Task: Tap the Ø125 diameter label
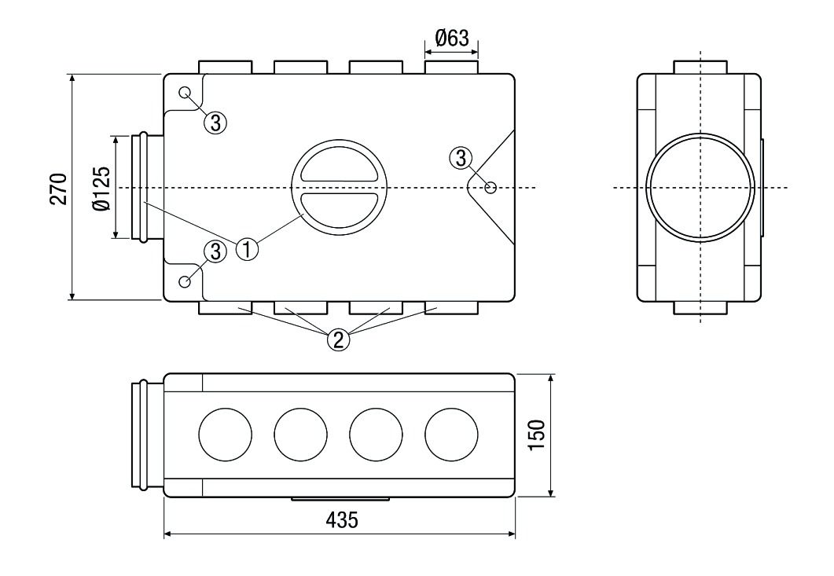[101, 187]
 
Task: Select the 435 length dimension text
[340, 521]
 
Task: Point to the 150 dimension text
[537, 435]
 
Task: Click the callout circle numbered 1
[248, 251]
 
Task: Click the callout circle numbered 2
[338, 339]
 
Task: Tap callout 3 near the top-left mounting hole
[217, 122]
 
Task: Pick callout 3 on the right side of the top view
[461, 156]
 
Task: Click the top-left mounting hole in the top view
[186, 93]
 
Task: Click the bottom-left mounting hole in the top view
[186, 282]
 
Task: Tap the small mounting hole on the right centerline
[490, 187]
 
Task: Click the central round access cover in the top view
[338, 188]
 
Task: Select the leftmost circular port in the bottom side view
[226, 435]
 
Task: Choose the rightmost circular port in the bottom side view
[451, 435]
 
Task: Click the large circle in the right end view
[699, 188]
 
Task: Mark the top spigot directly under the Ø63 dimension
[450, 67]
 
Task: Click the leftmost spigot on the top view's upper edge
[225, 67]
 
